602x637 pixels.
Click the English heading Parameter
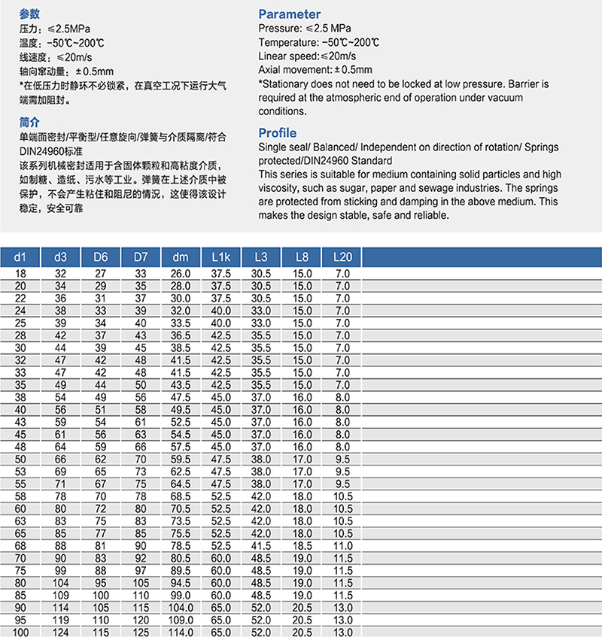(x=289, y=14)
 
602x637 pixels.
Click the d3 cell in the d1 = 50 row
(x=60, y=458)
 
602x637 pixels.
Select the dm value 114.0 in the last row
(x=181, y=632)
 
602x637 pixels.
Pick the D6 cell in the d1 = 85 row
(x=101, y=594)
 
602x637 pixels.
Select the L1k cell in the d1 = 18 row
(x=221, y=274)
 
